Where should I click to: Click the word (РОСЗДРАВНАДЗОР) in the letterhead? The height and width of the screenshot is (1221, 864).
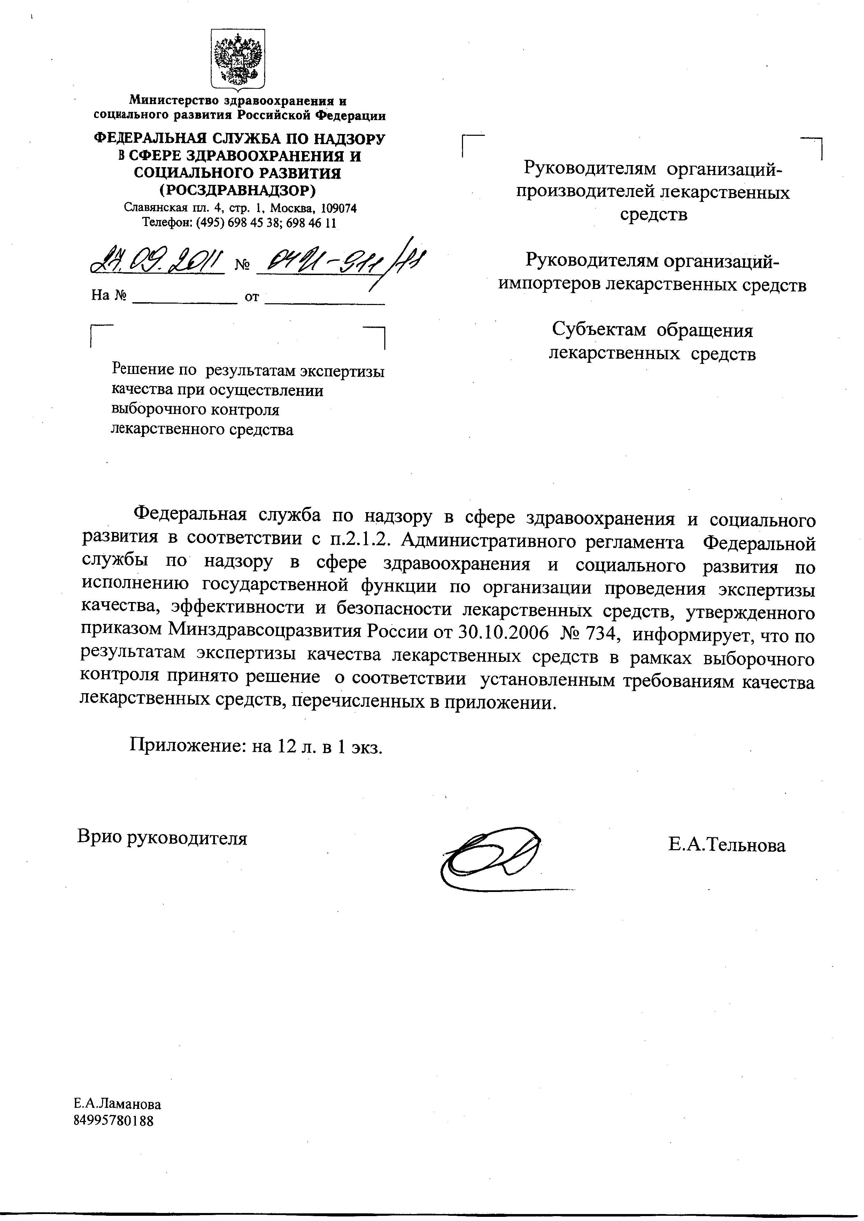click(238, 190)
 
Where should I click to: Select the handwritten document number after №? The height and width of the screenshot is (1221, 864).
click(340, 260)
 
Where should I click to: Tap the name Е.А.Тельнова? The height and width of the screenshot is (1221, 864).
click(727, 845)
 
